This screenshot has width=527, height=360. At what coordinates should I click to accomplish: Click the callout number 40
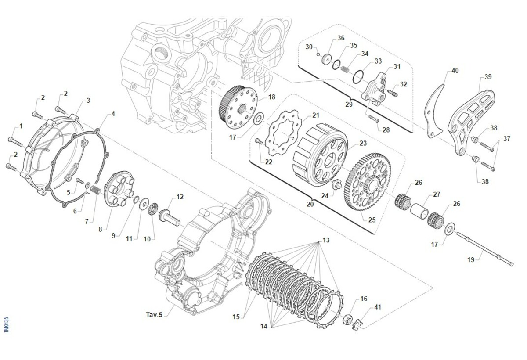pyautogui.click(x=455, y=71)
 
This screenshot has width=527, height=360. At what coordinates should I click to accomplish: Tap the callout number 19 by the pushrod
pyautogui.click(x=471, y=260)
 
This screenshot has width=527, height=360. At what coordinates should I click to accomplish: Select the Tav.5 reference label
pyautogui.click(x=154, y=315)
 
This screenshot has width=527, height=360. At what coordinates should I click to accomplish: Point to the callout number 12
pyautogui.click(x=180, y=197)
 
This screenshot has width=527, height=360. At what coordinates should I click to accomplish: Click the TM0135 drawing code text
pyautogui.click(x=6, y=324)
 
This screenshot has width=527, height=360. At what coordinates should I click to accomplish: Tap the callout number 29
pyautogui.click(x=349, y=104)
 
